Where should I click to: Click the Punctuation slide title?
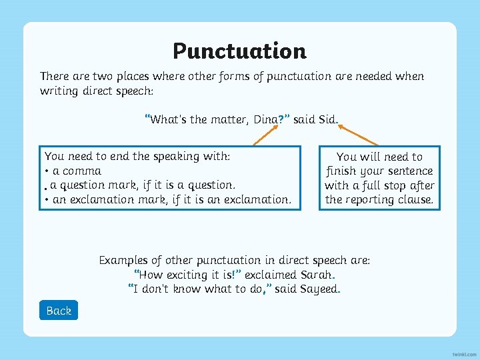pos(239,51)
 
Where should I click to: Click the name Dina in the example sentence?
pos(265,120)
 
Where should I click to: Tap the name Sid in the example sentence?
pos(327,120)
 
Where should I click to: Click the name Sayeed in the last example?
pos(319,289)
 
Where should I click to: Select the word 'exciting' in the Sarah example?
pos(186,275)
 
